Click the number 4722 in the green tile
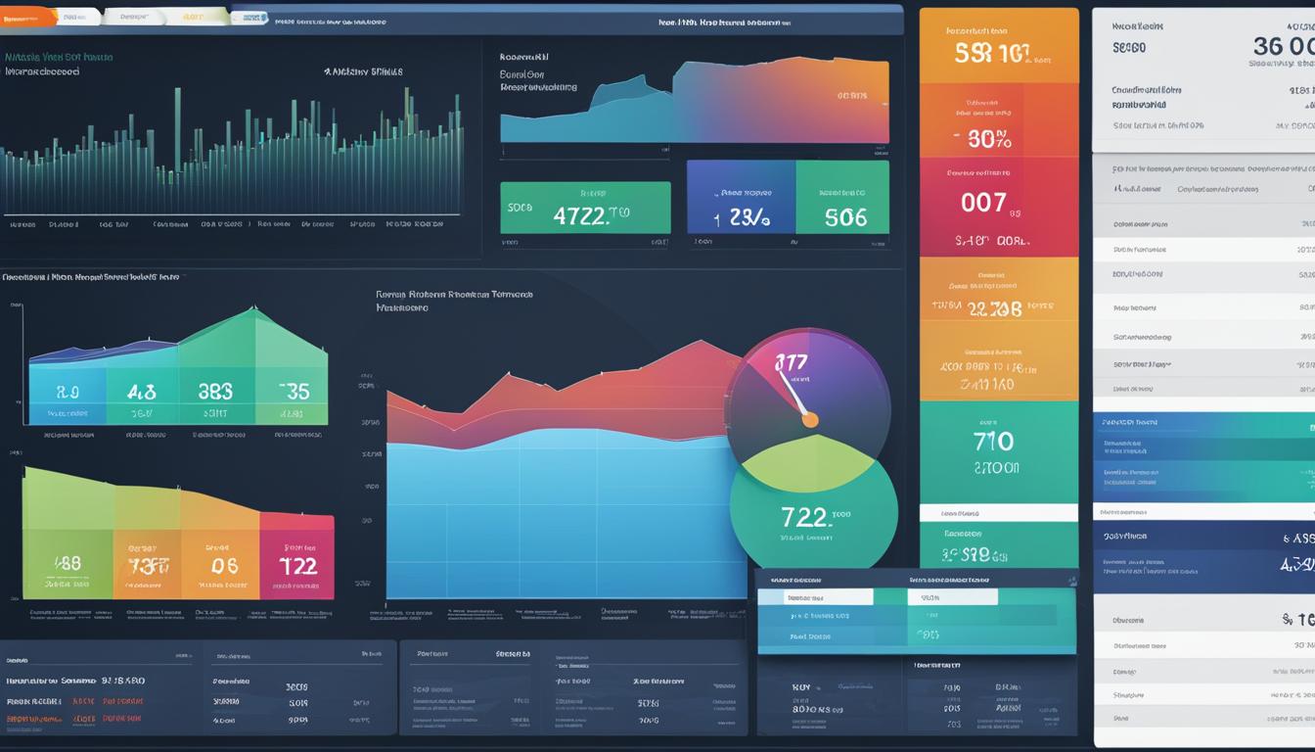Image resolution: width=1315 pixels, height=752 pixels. [580, 216]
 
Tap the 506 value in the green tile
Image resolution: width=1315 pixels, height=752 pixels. [845, 216]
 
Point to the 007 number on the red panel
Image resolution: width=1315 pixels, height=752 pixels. [983, 203]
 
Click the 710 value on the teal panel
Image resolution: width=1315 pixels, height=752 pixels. [993, 442]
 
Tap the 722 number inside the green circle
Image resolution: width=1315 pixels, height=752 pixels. [804, 517]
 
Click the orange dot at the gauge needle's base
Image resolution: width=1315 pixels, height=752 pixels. [809, 420]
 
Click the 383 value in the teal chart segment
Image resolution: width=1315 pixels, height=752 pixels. [215, 392]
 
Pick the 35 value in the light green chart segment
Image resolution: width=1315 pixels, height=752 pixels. [293, 392]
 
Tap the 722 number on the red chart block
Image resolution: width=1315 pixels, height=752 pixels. [297, 565]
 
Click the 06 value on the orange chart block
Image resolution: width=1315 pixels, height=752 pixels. [224, 565]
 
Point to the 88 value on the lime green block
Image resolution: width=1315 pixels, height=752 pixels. [68, 564]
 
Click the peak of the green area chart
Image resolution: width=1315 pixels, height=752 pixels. [253, 311]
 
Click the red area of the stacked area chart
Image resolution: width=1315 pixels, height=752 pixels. [587, 392]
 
